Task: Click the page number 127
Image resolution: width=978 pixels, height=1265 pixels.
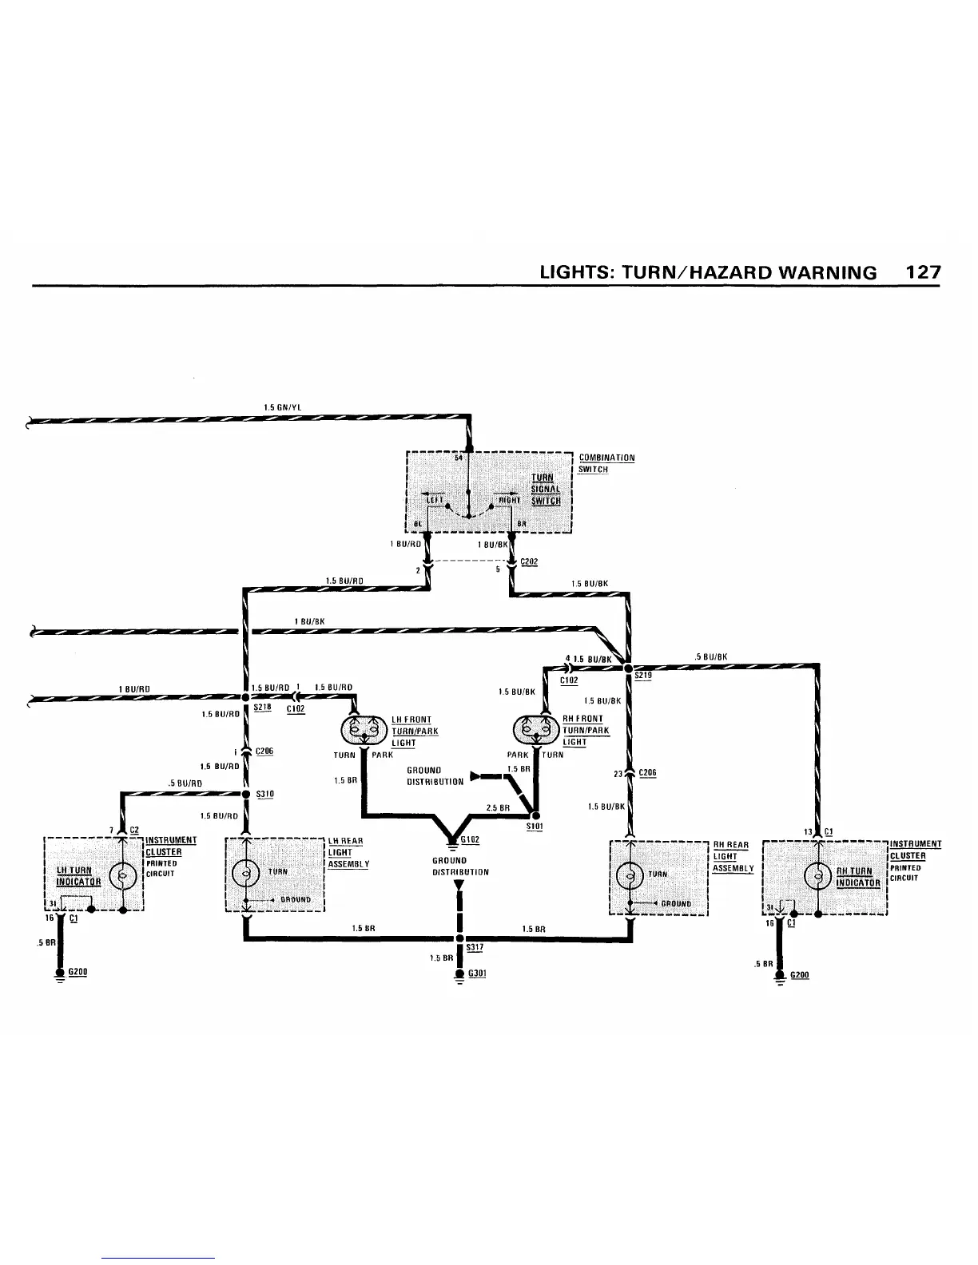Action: [923, 272]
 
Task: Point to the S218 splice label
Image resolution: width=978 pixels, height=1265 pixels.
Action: [262, 707]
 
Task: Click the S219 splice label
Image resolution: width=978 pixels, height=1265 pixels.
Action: [643, 676]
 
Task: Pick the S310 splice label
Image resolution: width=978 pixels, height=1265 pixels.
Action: [265, 795]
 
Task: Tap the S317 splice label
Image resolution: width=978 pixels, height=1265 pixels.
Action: [475, 947]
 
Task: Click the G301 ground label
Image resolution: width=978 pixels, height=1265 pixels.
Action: [477, 974]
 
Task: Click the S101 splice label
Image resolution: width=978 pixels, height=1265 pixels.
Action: [535, 827]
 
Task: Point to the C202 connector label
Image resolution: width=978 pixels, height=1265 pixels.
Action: [529, 561]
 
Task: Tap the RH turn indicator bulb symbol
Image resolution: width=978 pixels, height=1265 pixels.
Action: [819, 876]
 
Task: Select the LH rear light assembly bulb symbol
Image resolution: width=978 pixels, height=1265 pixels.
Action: [245, 871]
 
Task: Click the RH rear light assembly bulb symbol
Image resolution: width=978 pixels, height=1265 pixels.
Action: [630, 874]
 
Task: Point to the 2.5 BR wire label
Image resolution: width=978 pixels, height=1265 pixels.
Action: [499, 808]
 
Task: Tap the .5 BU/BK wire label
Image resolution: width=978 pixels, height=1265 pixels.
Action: [710, 657]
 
